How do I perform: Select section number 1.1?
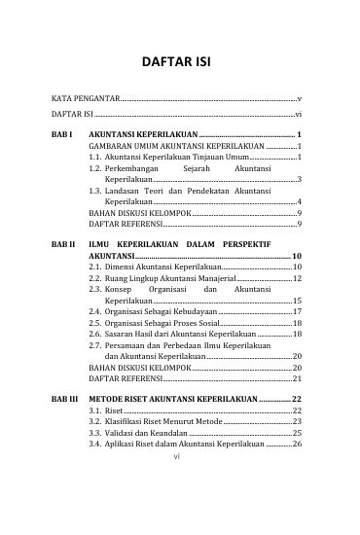tap(94, 157)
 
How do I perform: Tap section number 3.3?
tap(94, 433)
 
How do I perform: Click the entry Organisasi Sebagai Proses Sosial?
tap(162, 322)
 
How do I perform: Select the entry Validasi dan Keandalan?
tap(146, 433)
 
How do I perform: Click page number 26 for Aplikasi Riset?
tap(297, 445)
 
